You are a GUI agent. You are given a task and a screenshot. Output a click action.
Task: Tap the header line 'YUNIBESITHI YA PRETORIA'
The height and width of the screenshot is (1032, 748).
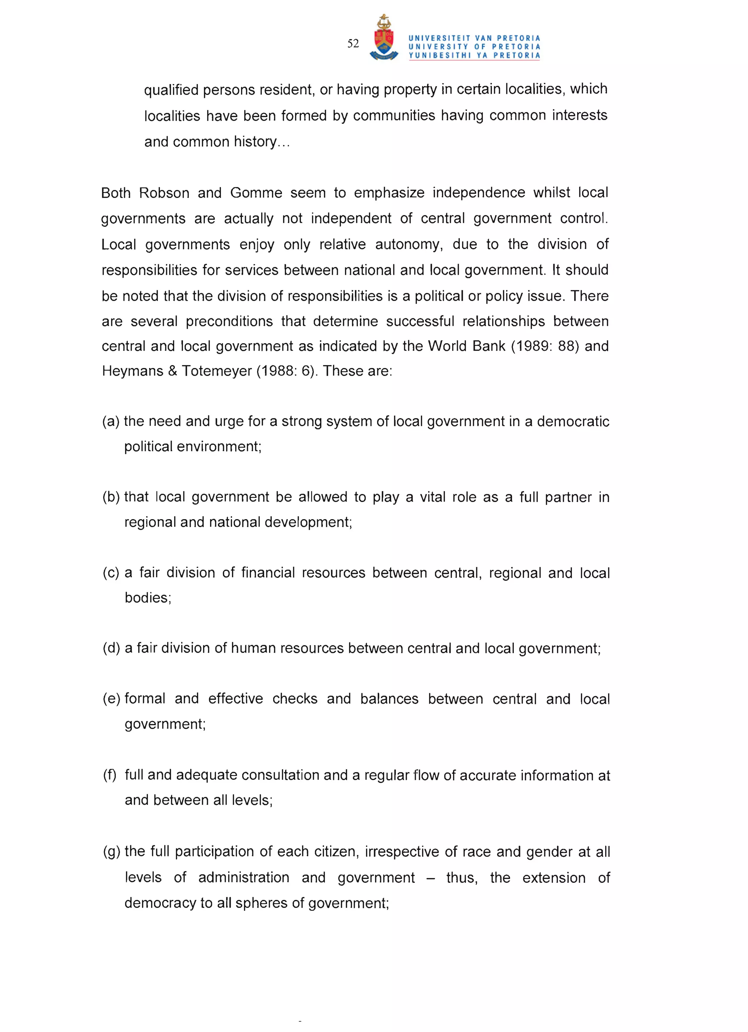coord(474,55)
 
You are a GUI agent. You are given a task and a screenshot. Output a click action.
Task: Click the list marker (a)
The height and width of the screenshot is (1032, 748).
coord(111,421)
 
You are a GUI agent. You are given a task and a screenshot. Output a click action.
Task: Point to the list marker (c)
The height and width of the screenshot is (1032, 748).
coord(111,572)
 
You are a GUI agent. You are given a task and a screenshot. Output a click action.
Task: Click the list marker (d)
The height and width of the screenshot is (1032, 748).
coord(111,648)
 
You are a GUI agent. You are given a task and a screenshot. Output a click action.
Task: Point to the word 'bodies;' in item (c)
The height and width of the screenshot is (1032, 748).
coord(148,598)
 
